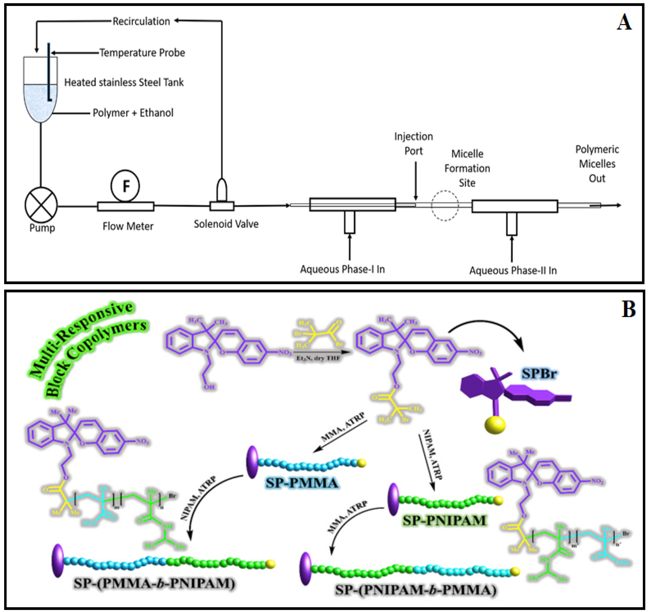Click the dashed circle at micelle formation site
click(445, 205)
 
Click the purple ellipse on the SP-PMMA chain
click(252, 462)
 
